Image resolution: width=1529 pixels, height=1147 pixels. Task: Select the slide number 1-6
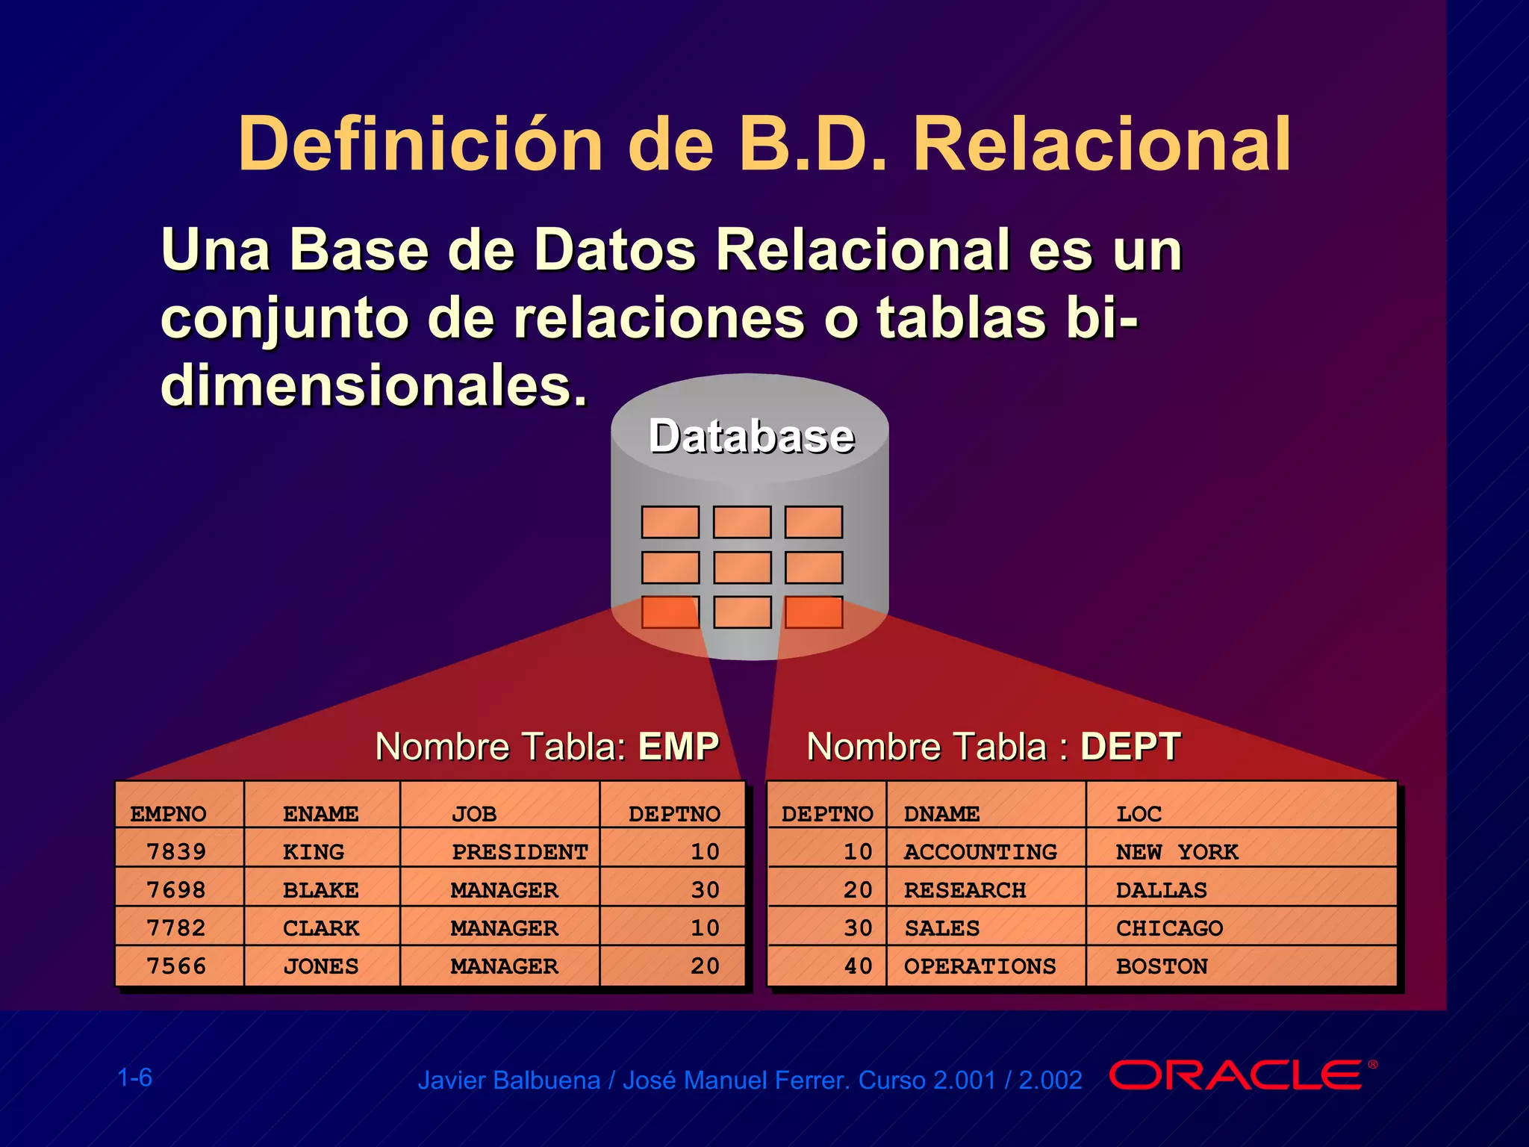point(135,1078)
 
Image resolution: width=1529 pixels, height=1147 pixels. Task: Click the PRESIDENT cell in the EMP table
point(520,851)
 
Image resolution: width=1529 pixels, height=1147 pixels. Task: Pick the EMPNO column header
point(168,813)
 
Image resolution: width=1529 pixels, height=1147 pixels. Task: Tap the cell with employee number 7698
point(176,889)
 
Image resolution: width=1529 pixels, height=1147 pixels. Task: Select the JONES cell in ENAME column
point(320,966)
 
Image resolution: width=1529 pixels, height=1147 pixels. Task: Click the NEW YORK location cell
point(1177,851)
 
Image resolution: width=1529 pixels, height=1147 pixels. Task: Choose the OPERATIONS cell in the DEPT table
point(980,966)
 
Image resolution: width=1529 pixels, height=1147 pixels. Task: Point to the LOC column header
point(1139,813)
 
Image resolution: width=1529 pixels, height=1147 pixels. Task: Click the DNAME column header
point(941,813)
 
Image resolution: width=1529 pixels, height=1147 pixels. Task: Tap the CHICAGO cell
point(1169,927)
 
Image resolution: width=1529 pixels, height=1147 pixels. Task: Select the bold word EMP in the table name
point(678,746)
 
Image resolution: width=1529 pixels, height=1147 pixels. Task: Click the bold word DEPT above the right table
point(1130,746)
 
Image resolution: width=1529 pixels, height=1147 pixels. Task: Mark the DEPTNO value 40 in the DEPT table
point(858,966)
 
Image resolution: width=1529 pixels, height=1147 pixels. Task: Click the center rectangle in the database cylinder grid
point(742,568)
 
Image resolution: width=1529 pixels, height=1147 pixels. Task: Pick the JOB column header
point(474,813)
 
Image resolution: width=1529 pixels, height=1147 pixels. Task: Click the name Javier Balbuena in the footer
point(508,1080)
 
